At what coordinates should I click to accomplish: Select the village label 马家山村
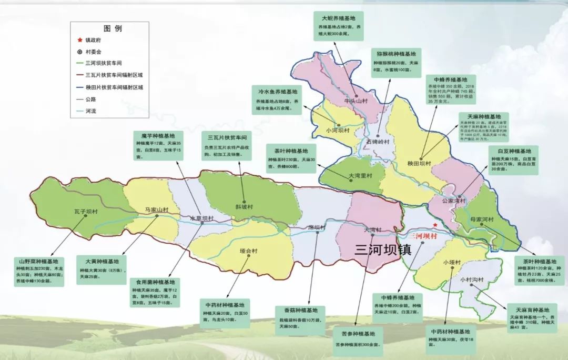[157, 210]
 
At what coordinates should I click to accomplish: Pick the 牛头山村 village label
[354, 101]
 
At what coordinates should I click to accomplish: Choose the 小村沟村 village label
[471, 280]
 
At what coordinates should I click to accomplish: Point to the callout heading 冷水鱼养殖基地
[277, 91]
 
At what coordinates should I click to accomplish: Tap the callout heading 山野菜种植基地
[39, 261]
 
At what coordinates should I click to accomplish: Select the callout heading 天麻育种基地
[532, 310]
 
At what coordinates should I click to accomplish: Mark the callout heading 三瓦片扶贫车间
[226, 137]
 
